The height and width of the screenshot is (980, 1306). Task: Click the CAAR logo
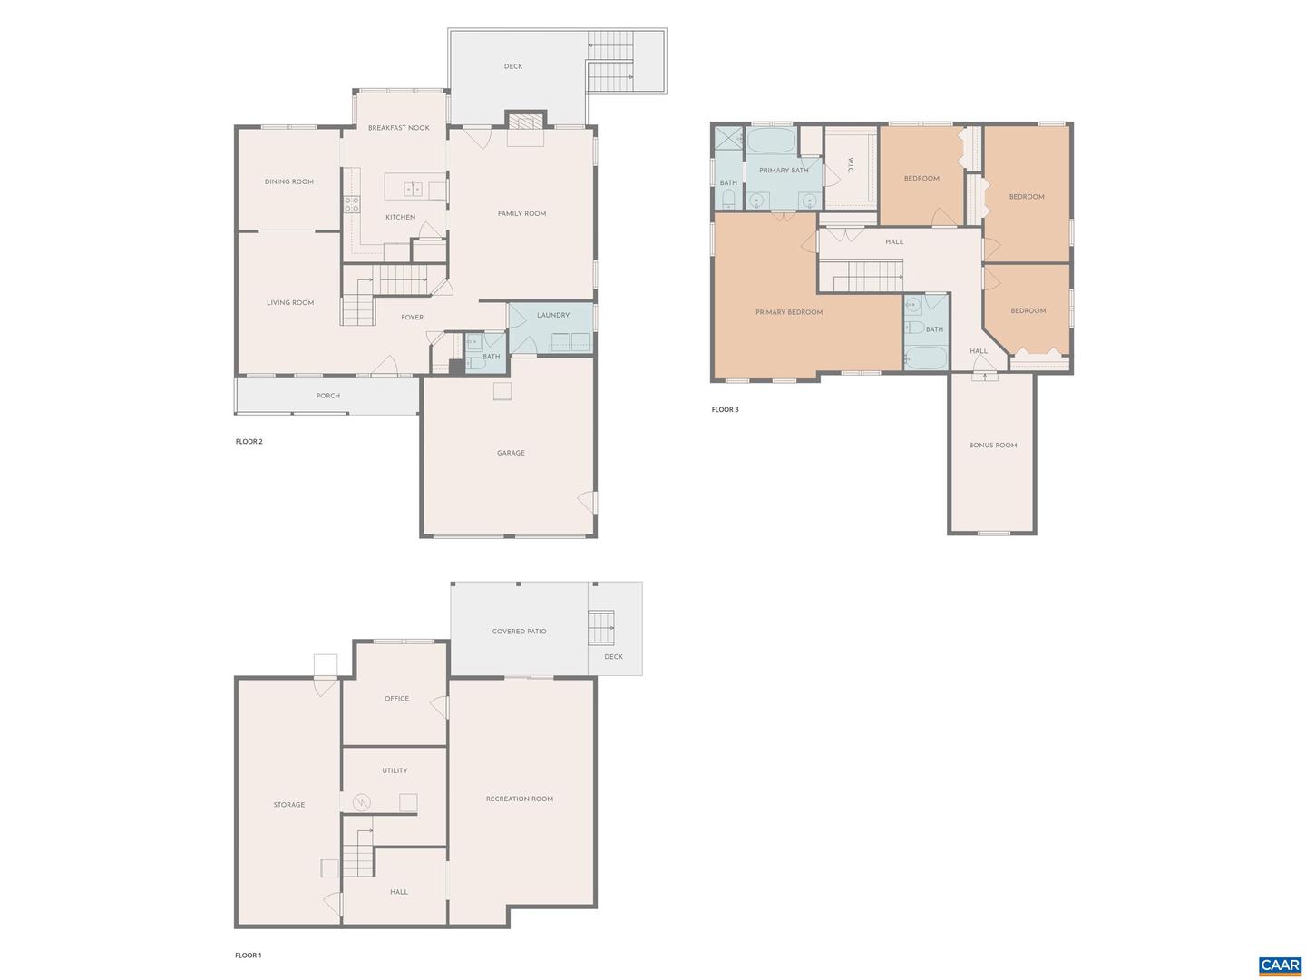(1280, 965)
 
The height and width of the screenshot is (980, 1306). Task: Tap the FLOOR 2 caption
(249, 442)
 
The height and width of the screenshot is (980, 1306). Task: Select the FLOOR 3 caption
(725, 410)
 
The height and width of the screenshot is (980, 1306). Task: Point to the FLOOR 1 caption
(248, 955)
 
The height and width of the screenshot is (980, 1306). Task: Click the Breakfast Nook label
(398, 128)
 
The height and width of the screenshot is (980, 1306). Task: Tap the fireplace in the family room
(525, 122)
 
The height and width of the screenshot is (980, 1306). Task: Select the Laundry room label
(552, 315)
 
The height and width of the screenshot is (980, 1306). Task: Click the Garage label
(511, 453)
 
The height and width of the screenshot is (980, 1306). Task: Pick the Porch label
(327, 396)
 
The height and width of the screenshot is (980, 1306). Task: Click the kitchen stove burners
(350, 204)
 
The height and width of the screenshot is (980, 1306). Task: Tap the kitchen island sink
(413, 189)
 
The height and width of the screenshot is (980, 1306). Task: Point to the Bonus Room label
(992, 446)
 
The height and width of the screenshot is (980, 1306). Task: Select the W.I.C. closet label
(850, 165)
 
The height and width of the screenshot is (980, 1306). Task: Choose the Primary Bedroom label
(788, 312)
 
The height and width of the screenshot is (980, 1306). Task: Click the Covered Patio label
(519, 632)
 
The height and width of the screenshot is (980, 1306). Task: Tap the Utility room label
(395, 770)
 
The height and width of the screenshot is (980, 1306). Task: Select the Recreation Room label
(519, 799)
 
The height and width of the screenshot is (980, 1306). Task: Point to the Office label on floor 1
(396, 699)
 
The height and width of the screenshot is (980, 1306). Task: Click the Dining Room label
(289, 181)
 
